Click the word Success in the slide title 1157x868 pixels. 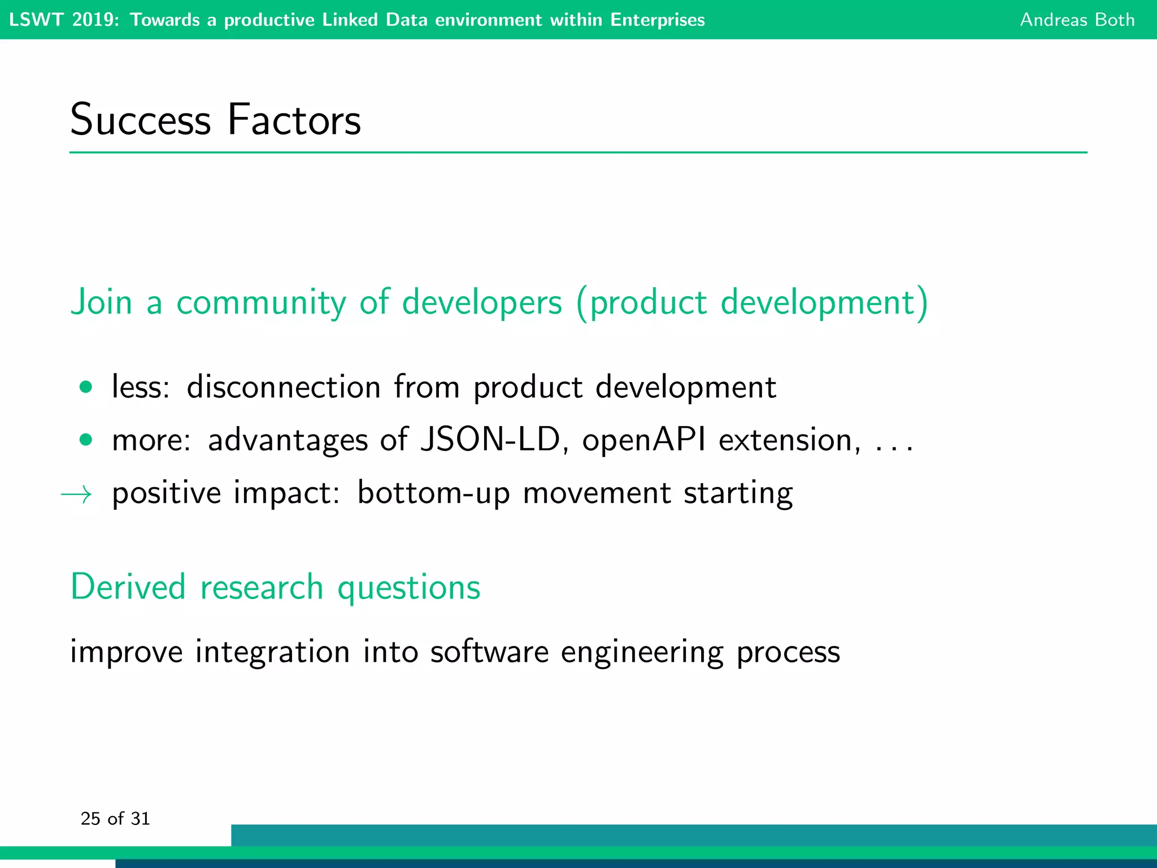pyautogui.click(x=140, y=120)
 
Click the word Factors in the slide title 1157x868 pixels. pyautogui.click(x=294, y=120)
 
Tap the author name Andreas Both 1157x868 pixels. pyautogui.click(x=1077, y=20)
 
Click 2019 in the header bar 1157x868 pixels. pyautogui.click(x=95, y=20)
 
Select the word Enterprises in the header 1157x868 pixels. pyautogui.click(x=658, y=20)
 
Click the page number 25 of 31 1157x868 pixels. pyautogui.click(x=115, y=818)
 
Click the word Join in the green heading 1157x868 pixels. pyautogui.click(x=101, y=302)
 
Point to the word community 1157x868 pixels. pyautogui.click(x=261, y=303)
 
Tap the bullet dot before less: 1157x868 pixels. pyautogui.click(x=86, y=387)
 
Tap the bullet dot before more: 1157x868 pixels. pyautogui.click(x=86, y=440)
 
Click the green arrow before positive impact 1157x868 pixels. pyautogui.click(x=76, y=495)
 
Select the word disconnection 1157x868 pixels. pyautogui.click(x=284, y=387)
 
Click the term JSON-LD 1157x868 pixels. pyautogui.click(x=490, y=440)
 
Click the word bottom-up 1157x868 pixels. pyautogui.click(x=433, y=493)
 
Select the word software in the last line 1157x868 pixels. pyautogui.click(x=489, y=652)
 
